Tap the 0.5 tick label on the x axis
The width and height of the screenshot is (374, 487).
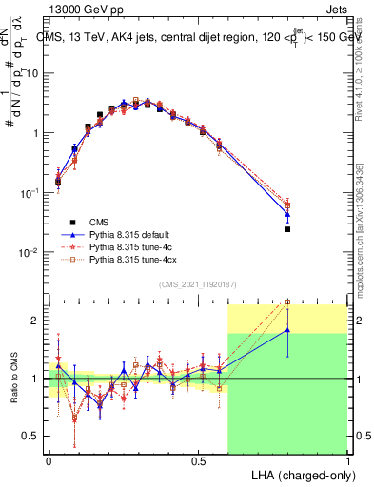click(198, 459)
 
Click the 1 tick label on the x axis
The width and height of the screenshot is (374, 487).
click(347, 459)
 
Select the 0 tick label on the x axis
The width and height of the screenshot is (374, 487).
click(49, 459)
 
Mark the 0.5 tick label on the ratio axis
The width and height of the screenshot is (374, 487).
click(33, 437)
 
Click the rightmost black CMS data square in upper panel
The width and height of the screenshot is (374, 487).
click(287, 229)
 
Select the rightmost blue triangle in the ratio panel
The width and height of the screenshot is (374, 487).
click(287, 330)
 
